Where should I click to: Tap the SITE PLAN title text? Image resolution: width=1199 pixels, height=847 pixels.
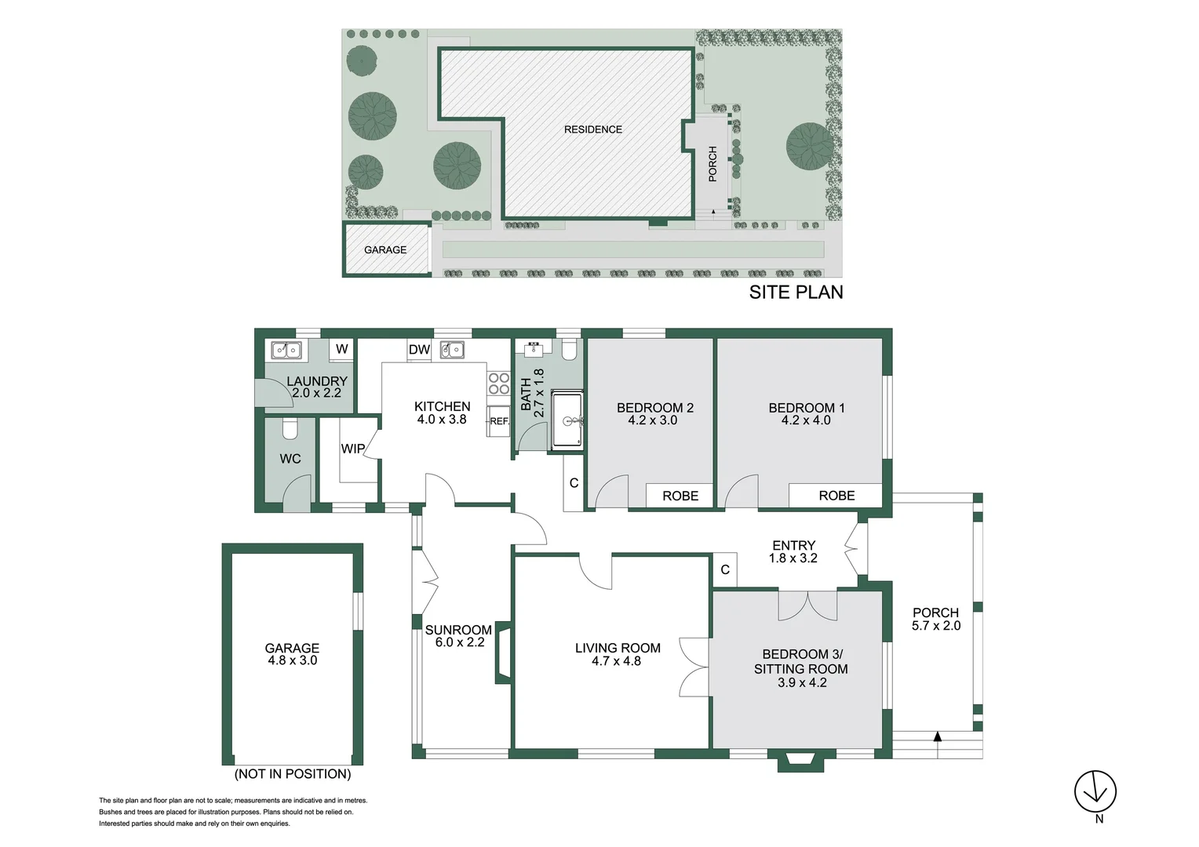796,292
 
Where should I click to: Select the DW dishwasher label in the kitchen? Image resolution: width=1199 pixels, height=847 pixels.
419,350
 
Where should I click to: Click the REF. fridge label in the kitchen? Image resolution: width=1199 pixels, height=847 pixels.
499,421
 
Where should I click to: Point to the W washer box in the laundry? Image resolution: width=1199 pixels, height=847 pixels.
342,349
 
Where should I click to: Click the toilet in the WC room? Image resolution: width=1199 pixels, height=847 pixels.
289,429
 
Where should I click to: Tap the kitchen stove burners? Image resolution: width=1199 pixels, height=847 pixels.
499,384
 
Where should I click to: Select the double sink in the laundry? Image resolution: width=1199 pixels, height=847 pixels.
286,351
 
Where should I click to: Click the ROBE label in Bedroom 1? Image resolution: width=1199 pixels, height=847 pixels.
836,496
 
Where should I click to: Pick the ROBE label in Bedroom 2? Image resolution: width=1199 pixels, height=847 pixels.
680,496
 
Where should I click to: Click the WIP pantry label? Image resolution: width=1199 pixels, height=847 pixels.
352,449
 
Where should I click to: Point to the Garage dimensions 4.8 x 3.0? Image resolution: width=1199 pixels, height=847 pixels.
292,660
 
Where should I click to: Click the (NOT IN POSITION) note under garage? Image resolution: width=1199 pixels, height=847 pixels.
292,774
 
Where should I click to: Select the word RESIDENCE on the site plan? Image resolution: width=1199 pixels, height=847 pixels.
592,129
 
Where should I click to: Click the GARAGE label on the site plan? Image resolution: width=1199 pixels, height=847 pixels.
385,249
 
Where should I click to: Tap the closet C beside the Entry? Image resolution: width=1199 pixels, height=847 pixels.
725,570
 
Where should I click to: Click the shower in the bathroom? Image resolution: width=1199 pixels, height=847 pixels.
567,420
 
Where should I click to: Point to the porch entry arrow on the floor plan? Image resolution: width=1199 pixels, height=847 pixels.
937,736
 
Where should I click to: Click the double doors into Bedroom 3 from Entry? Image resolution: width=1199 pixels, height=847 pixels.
808,605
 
